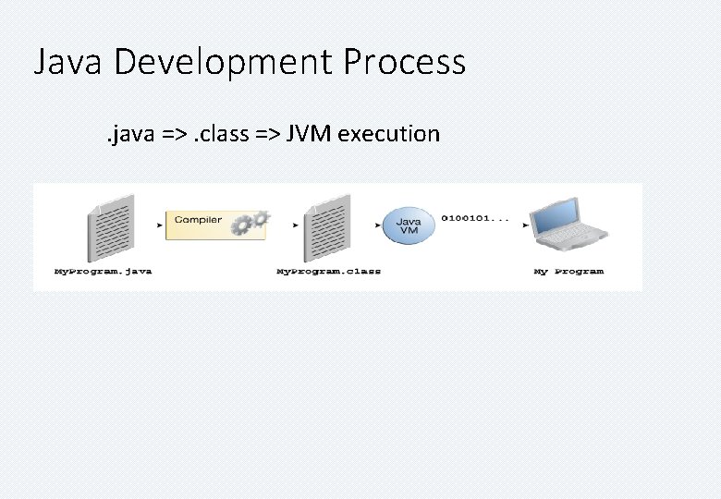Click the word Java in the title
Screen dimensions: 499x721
click(x=70, y=63)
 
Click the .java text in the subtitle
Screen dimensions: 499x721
click(x=130, y=134)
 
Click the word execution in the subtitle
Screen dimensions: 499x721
click(x=389, y=135)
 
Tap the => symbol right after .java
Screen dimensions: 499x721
click(x=177, y=135)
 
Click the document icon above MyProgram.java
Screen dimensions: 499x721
click(x=110, y=226)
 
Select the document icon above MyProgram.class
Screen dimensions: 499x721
click(x=329, y=226)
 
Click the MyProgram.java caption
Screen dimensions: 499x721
click(x=103, y=272)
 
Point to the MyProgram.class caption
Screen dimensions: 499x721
click(x=328, y=272)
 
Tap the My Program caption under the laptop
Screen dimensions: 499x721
click(x=568, y=272)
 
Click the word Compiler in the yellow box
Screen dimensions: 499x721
click(x=198, y=220)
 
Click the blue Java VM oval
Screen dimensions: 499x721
click(x=409, y=225)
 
